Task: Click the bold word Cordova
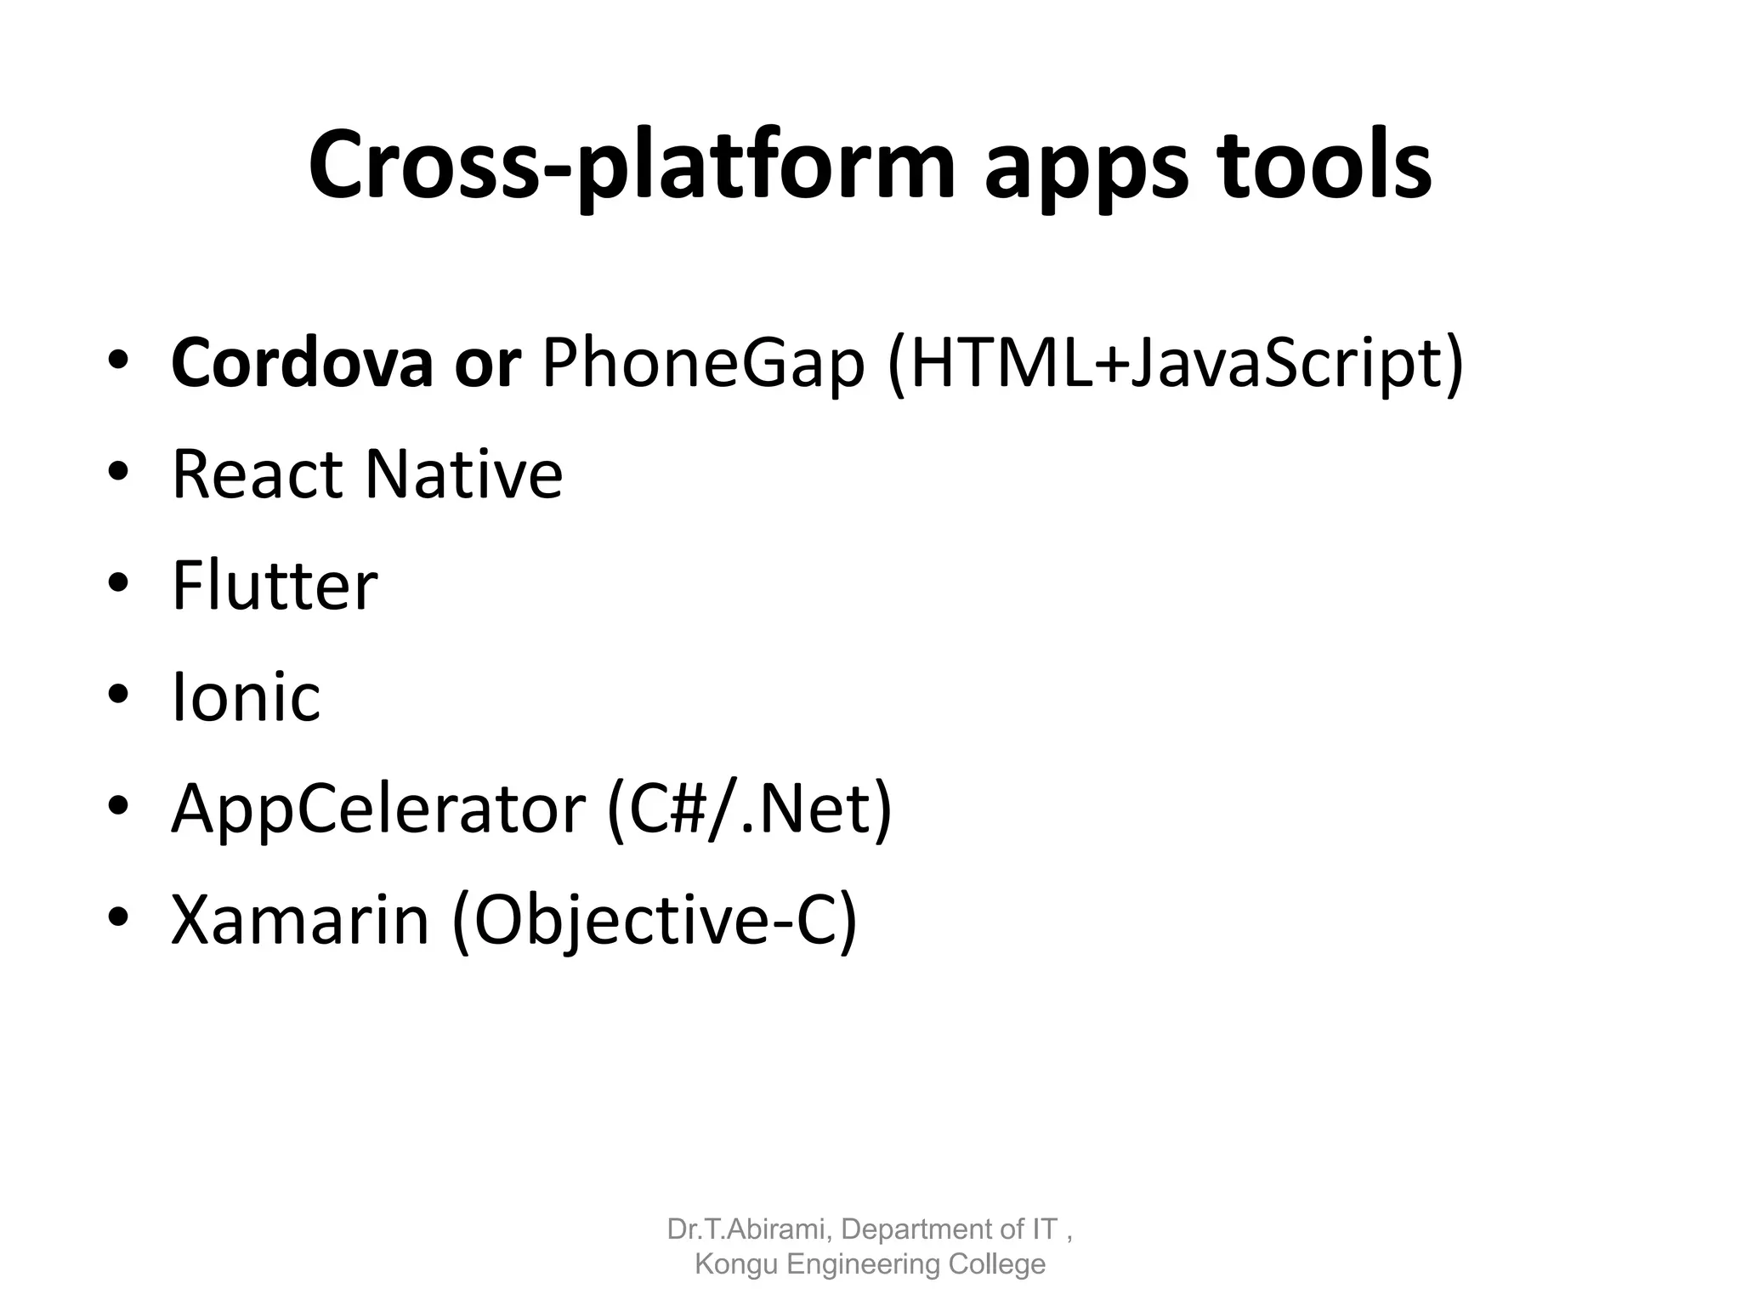point(302,363)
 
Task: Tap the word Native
point(463,474)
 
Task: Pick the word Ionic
point(246,697)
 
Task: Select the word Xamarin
point(300,920)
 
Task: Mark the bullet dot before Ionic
point(118,695)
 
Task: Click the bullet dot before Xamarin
point(118,917)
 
